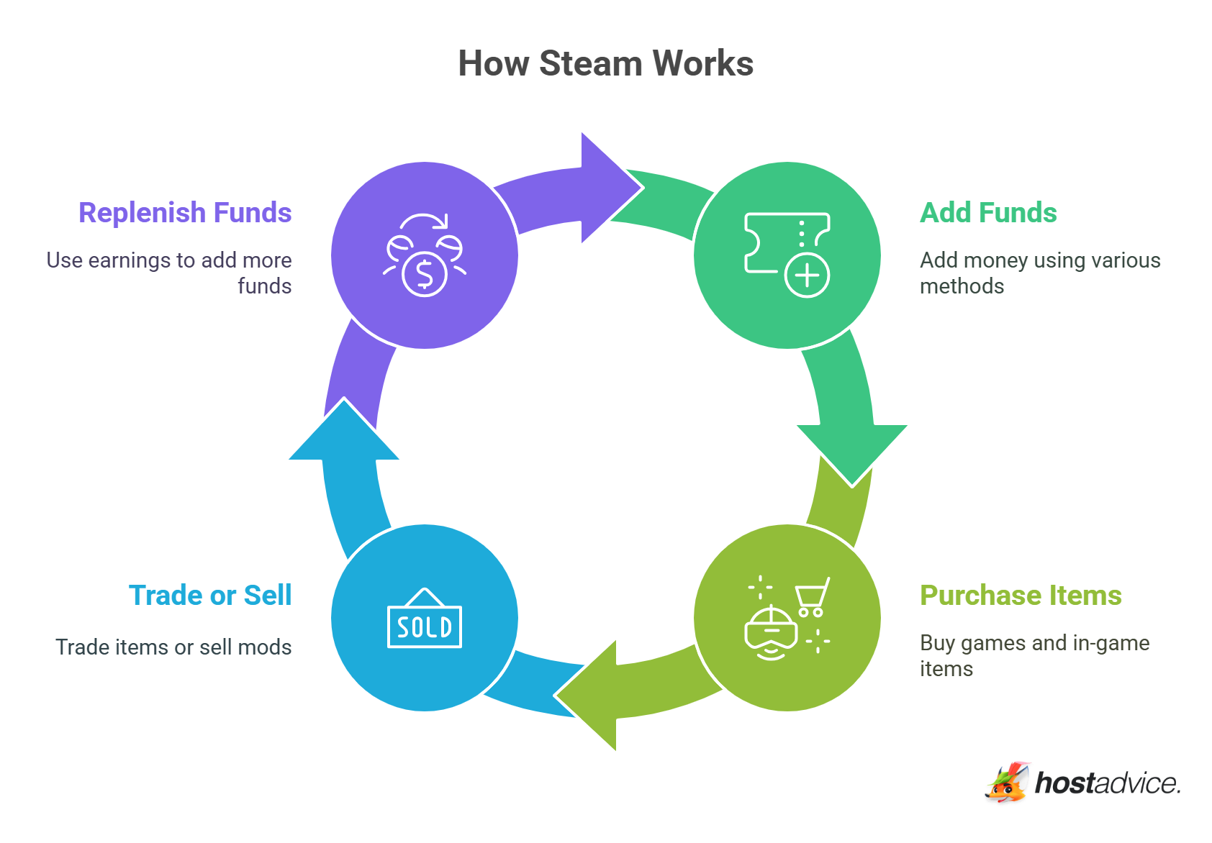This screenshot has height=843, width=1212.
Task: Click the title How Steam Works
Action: [605, 63]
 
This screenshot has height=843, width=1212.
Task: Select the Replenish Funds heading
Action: [185, 213]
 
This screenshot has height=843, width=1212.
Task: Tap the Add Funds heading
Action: [988, 213]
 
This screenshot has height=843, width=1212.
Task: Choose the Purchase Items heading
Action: [1021, 596]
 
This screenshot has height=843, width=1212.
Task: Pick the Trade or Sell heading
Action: [210, 596]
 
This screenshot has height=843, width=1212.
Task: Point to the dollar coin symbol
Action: [425, 274]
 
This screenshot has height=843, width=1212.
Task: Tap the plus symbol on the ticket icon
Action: [807, 275]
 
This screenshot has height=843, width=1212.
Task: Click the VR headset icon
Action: [771, 633]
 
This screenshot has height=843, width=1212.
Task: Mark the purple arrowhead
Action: [608, 188]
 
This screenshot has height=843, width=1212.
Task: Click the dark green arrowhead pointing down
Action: [852, 450]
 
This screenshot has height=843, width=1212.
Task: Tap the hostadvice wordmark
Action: [1107, 783]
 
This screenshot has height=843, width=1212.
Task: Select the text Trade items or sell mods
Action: [173, 647]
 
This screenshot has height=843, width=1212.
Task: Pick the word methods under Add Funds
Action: [962, 286]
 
